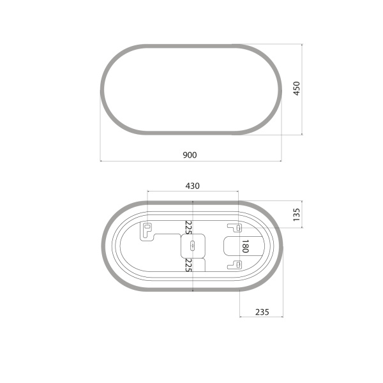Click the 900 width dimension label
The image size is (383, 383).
point(190,154)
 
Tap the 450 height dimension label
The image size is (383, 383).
point(296,88)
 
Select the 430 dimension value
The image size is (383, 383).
point(193,186)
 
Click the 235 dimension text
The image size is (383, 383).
point(260,312)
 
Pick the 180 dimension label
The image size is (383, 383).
point(244,246)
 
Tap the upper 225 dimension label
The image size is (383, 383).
point(188,227)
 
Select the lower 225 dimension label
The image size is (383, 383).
point(188,265)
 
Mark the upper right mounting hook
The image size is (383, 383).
point(235,227)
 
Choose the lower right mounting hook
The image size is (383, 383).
point(235,264)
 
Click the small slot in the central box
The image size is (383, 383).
point(193,246)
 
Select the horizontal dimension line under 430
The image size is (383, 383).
point(193,191)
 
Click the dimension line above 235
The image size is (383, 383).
point(260,317)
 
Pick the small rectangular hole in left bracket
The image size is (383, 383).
point(147,227)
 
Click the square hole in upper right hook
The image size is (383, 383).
point(238,228)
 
